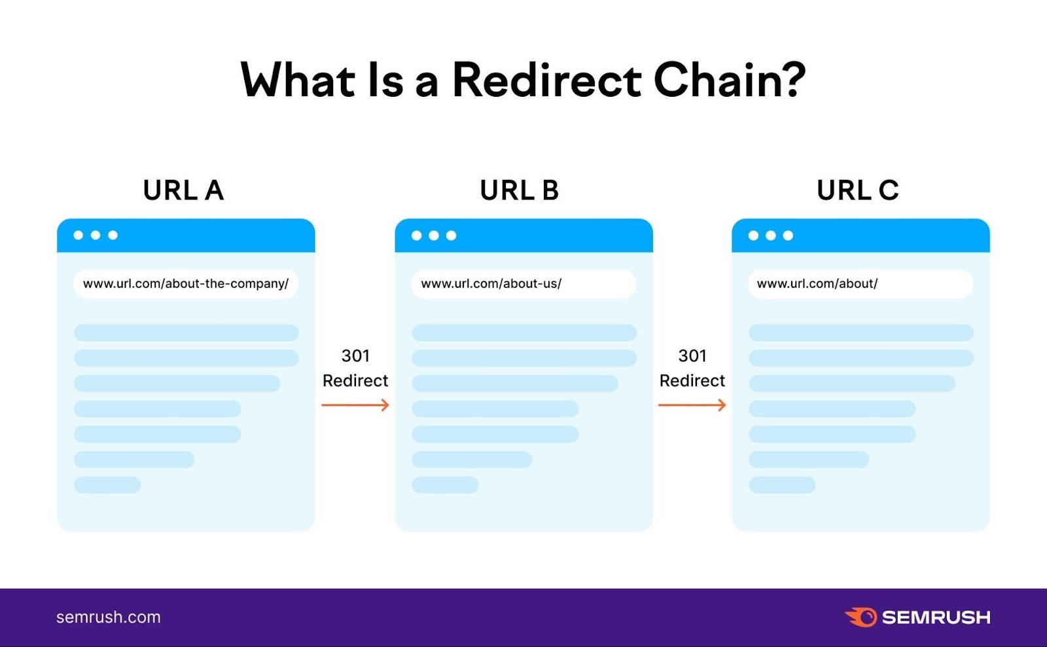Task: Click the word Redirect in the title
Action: (546, 80)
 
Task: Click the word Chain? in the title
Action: (729, 80)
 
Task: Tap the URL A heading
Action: (183, 190)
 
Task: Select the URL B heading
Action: (520, 190)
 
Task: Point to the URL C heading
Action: (857, 190)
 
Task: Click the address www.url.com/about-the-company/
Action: (186, 284)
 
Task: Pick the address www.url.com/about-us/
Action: (491, 284)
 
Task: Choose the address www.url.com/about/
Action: (817, 284)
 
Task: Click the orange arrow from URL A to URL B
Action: (355, 406)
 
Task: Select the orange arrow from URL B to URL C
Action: (692, 406)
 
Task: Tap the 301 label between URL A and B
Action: (355, 356)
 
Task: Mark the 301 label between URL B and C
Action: (692, 356)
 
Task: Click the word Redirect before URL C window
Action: (692, 381)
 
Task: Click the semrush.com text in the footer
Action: (109, 617)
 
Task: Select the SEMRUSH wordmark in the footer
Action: (936, 617)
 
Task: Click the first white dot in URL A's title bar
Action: (79, 235)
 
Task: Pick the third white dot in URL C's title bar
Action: (788, 236)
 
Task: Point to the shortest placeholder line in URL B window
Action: (445, 485)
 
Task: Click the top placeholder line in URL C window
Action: (861, 332)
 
